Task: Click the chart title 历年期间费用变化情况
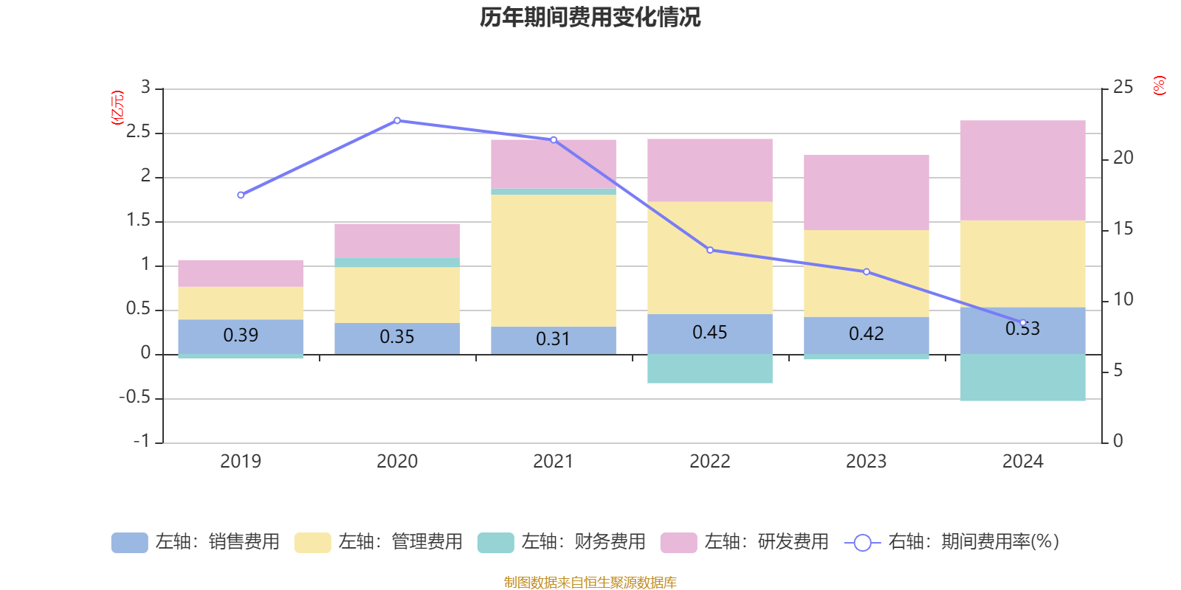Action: click(x=590, y=17)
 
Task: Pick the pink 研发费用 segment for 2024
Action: click(x=1022, y=170)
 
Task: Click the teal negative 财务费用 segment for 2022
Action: click(x=710, y=369)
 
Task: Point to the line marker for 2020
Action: click(x=397, y=120)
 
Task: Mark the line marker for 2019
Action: click(x=241, y=195)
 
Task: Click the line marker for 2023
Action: click(x=867, y=271)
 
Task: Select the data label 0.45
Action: click(x=710, y=333)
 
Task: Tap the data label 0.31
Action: click(x=553, y=339)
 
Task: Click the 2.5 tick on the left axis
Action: click(x=138, y=133)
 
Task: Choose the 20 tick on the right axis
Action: click(x=1123, y=158)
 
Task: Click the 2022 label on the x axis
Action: click(x=710, y=462)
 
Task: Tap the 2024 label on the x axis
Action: click(x=1022, y=462)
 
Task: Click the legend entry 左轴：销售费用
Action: click(x=196, y=542)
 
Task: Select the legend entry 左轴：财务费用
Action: click(x=562, y=542)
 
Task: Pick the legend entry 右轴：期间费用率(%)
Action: click(x=952, y=542)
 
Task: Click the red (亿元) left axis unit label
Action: click(x=117, y=108)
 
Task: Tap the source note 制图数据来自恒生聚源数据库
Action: click(x=590, y=583)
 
